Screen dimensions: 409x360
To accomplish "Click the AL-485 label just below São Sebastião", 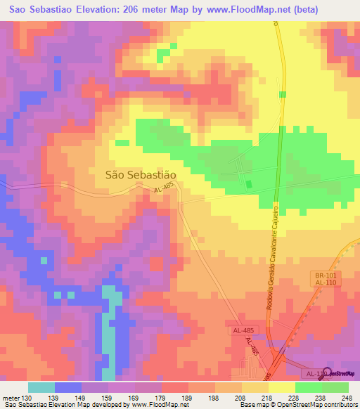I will pos(162,190).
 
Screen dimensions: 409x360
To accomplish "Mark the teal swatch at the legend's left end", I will pos(41,388).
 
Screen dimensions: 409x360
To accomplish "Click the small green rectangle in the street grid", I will pos(248,184).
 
